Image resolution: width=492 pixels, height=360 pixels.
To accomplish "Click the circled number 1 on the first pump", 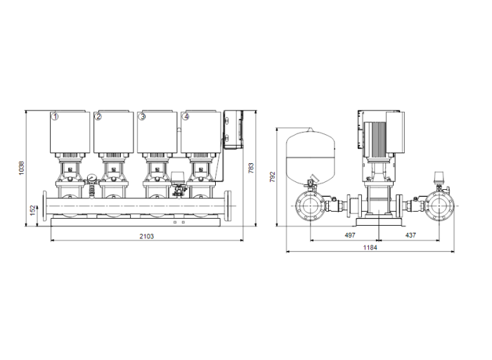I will click(x=55, y=117).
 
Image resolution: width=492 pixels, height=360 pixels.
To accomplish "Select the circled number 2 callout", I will click(x=99, y=117).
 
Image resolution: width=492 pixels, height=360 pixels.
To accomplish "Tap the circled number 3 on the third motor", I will click(x=143, y=117).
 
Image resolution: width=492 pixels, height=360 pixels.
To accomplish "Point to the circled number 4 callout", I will click(x=186, y=117).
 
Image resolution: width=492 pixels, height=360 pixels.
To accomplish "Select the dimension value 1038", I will click(x=22, y=169).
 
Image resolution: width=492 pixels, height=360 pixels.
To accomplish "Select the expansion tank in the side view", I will click(x=310, y=153).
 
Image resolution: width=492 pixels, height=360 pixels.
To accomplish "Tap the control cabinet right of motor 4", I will click(x=234, y=131).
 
